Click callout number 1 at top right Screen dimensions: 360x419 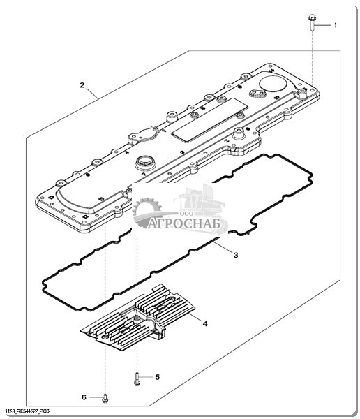click(335, 25)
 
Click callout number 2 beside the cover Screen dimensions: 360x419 click(82, 85)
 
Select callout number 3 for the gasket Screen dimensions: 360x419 click(236, 255)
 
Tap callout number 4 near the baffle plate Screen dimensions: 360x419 click(205, 324)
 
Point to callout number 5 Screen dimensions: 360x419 click(157, 377)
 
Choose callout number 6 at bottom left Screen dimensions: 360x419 click(84, 397)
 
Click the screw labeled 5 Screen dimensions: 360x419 click(137, 379)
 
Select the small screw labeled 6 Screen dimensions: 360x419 click(105, 399)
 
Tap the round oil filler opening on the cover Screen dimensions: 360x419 click(144, 163)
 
